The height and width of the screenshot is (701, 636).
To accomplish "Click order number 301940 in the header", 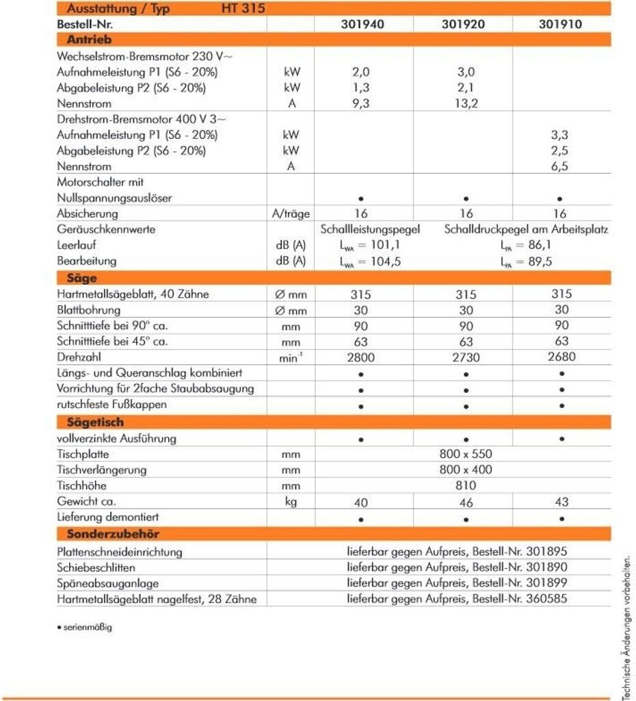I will pos(362,24).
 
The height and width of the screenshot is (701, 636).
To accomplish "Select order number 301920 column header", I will pos(464,24).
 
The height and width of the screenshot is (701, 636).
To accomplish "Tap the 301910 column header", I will pos(560,24).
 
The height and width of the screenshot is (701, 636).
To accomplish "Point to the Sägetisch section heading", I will pos(95,422).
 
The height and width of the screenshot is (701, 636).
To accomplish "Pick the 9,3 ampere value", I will pos(361,103).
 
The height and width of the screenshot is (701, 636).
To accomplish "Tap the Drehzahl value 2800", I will pos(361,357).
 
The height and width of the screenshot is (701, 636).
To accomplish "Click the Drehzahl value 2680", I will pos(561,357).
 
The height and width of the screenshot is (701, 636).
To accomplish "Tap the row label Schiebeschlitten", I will pos(96,568).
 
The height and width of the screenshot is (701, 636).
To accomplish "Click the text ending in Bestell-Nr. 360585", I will pos(457,599).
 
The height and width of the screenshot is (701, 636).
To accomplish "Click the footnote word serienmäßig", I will pos(86,628).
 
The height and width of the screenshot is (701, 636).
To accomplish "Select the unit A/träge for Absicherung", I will pos(291,214).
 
